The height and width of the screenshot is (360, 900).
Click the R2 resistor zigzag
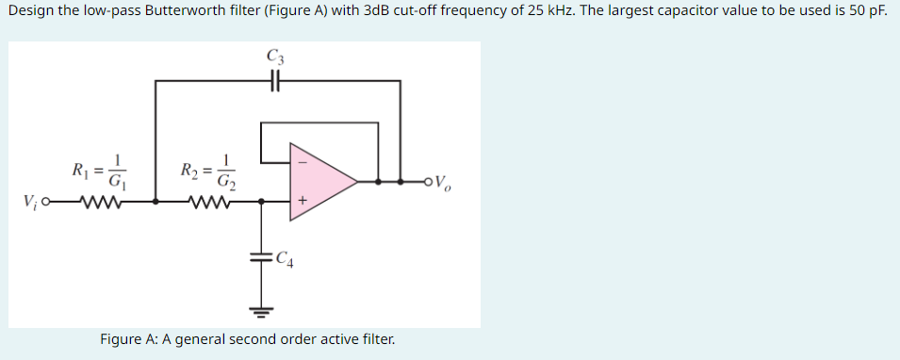(206, 201)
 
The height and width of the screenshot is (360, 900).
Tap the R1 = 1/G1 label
(99, 171)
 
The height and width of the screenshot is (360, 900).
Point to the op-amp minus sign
(302, 159)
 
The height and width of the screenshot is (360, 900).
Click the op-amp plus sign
(302, 201)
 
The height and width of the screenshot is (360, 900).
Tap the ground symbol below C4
(261, 307)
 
